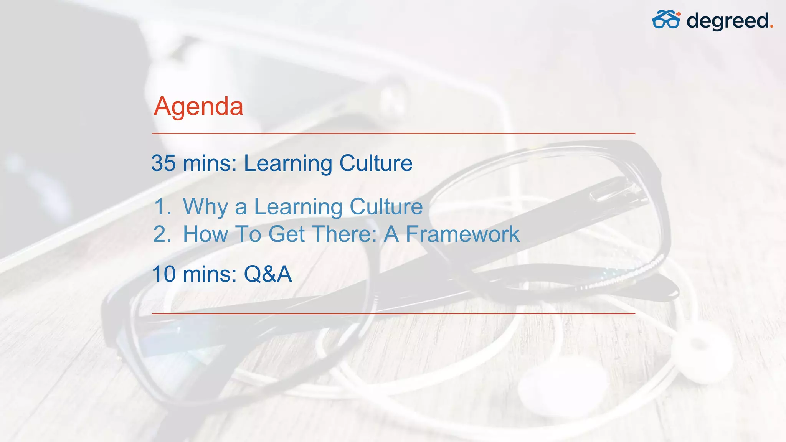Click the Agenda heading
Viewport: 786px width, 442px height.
[x=198, y=106]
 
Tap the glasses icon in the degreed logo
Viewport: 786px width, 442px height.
[x=666, y=20]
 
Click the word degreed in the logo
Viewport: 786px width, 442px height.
[x=727, y=21]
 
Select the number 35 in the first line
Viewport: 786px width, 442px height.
[x=163, y=163]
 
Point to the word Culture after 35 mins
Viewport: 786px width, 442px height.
[x=376, y=163]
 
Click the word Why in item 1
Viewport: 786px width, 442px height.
[x=205, y=207]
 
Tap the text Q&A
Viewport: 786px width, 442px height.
[x=268, y=274]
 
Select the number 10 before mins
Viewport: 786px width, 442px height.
[x=164, y=274]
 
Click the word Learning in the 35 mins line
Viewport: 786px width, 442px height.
[x=288, y=164]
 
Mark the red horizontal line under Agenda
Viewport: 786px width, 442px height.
[x=393, y=134]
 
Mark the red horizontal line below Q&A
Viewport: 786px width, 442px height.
[x=393, y=313]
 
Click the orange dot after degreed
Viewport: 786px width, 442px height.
[x=771, y=27]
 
